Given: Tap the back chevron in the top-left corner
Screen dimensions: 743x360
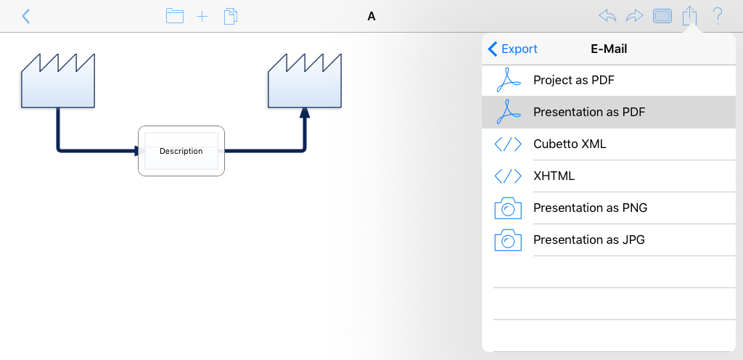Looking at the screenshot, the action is pos(26,16).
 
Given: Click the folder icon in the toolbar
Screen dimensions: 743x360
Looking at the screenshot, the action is pos(175,16).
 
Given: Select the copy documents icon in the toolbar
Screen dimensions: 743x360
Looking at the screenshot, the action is pos(231,16).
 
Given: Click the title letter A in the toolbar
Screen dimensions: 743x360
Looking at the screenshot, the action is pos(371,17).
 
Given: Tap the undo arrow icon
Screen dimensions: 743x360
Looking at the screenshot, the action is pos(607,16).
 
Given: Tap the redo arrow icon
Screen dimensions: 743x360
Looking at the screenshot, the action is pos(634,16).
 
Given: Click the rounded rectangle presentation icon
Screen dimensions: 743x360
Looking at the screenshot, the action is pos(662,17).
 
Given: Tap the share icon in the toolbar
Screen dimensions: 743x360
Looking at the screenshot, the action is pos(690,16).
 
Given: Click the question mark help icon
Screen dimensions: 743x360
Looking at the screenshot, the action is pos(718,16).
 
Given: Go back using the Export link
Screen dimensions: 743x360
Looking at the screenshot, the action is pos(513,49).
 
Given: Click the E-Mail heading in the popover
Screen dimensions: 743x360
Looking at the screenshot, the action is pos(609,49).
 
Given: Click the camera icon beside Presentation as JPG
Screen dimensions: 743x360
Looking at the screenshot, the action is pos(508,240).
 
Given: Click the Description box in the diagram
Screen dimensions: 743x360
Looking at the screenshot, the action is pos(181,151).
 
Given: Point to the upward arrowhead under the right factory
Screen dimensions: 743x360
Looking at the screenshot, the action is pos(305,112).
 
